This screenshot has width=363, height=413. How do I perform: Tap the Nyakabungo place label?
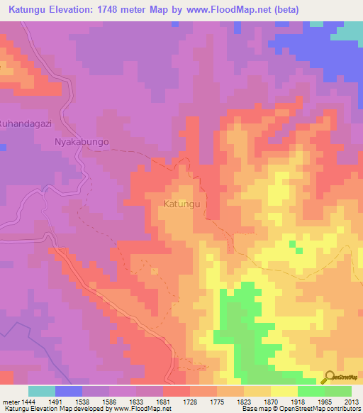coord(82,142)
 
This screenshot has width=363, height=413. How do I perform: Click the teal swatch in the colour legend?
coord(42,391)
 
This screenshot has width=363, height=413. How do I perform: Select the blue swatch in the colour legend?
coord(69,391)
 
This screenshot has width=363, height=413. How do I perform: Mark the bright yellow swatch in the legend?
coord(284,391)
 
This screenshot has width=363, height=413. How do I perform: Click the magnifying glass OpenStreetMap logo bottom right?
coord(330,376)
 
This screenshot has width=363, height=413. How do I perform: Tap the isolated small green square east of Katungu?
coord(293,245)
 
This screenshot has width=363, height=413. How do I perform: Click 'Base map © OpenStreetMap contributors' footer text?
coord(301,409)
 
